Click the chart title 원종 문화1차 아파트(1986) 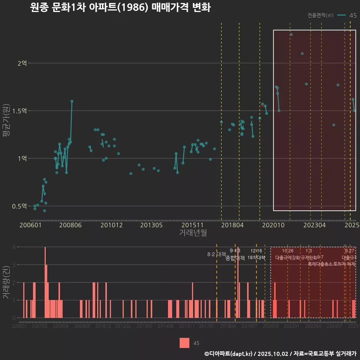(120, 7)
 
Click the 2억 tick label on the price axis (22, 63)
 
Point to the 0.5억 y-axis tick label (19, 206)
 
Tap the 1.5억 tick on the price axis (19, 111)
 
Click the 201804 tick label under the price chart (232, 225)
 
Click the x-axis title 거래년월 (193, 233)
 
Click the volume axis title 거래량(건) (6, 282)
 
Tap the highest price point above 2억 (291, 34)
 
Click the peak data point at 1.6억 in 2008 (72, 101)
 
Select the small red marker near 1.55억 (262, 106)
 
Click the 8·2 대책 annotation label (214, 254)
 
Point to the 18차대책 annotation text (256, 258)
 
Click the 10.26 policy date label (288, 251)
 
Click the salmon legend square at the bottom (184, 343)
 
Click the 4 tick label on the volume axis (13, 247)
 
